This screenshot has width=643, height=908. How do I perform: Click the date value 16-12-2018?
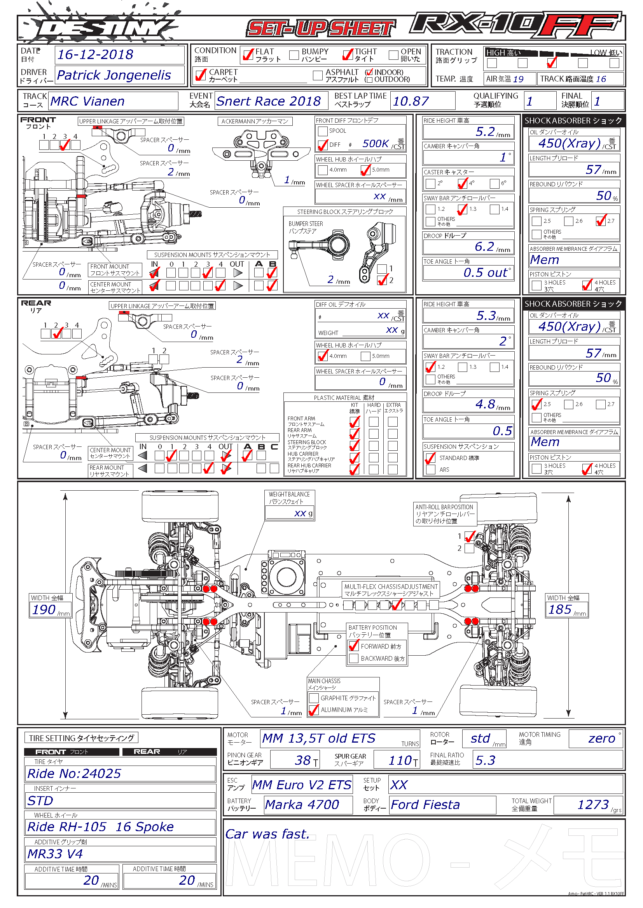[95, 55]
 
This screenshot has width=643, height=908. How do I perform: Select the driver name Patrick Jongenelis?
[114, 75]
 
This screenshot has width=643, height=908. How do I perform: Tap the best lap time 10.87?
[411, 101]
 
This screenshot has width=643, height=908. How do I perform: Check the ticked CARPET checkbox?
[201, 75]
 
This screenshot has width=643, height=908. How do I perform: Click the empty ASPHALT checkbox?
[318, 75]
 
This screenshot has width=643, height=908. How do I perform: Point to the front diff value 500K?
[376, 144]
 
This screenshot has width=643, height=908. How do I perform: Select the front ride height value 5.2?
[485, 132]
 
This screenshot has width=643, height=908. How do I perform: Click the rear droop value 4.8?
[485, 404]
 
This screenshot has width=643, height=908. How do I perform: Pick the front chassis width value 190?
[44, 609]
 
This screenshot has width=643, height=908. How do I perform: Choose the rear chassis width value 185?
[560, 609]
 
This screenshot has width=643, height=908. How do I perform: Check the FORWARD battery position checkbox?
[353, 646]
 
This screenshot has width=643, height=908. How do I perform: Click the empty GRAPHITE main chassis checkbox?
[314, 698]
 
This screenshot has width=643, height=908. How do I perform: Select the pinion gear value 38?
[303, 760]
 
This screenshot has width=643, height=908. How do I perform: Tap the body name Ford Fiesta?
[425, 805]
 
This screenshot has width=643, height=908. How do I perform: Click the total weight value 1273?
[593, 804]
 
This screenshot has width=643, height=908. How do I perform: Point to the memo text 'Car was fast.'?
[267, 834]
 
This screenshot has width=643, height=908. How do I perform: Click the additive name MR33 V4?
[55, 854]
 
